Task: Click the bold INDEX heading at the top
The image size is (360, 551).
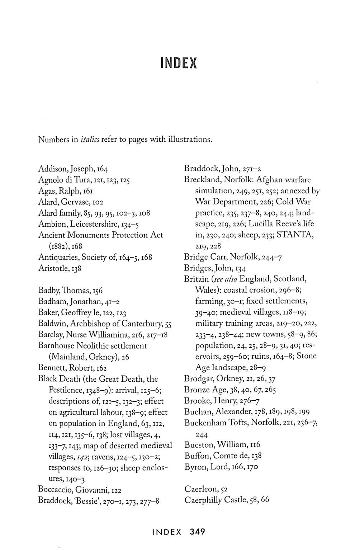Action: tap(179, 63)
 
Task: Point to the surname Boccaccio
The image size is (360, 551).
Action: tap(55, 490)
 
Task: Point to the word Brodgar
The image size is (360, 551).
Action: tap(198, 378)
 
